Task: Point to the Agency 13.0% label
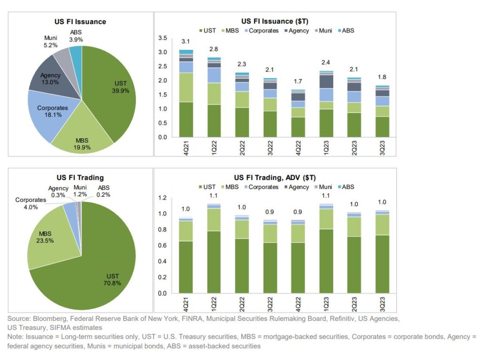pyautogui.click(x=50, y=79)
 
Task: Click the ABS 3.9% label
pyautogui.click(x=76, y=36)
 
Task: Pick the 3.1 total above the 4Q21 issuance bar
pyautogui.click(x=185, y=41)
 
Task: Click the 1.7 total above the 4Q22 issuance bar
pyautogui.click(x=298, y=81)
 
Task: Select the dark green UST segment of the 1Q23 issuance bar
pyautogui.click(x=326, y=123)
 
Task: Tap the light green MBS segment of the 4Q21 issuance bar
pyautogui.click(x=186, y=88)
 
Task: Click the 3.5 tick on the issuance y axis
pyautogui.click(x=162, y=38)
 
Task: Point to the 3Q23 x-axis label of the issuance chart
pyautogui.click(x=382, y=148)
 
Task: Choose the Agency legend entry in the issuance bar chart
pyautogui.click(x=297, y=31)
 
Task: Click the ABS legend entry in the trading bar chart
pyautogui.click(x=346, y=187)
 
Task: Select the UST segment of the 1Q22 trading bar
pyautogui.click(x=214, y=262)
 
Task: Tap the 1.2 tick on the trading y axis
pyautogui.click(x=162, y=198)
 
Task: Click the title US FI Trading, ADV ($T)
pyautogui.click(x=275, y=178)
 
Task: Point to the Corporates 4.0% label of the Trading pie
pyautogui.click(x=31, y=203)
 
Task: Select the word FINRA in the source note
pyautogui.click(x=192, y=319)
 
